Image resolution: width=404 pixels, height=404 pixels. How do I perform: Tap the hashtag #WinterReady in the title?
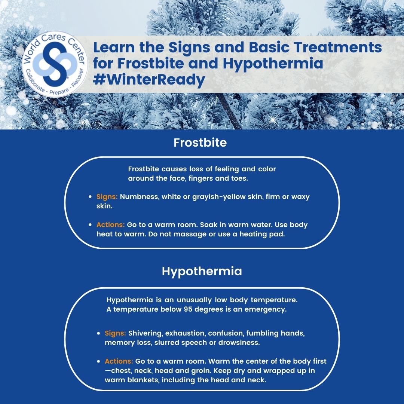[x=149, y=80]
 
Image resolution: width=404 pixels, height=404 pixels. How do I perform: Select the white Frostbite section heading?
[x=200, y=143]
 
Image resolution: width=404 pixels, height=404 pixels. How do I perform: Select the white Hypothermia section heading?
[x=202, y=271]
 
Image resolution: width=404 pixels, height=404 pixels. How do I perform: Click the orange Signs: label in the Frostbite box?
[x=107, y=197]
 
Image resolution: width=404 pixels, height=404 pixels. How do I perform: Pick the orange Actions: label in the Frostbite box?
[x=110, y=225]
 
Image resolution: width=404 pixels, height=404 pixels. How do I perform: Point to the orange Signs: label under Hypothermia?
[x=115, y=333]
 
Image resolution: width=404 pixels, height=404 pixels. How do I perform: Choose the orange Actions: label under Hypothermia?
[x=119, y=361]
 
